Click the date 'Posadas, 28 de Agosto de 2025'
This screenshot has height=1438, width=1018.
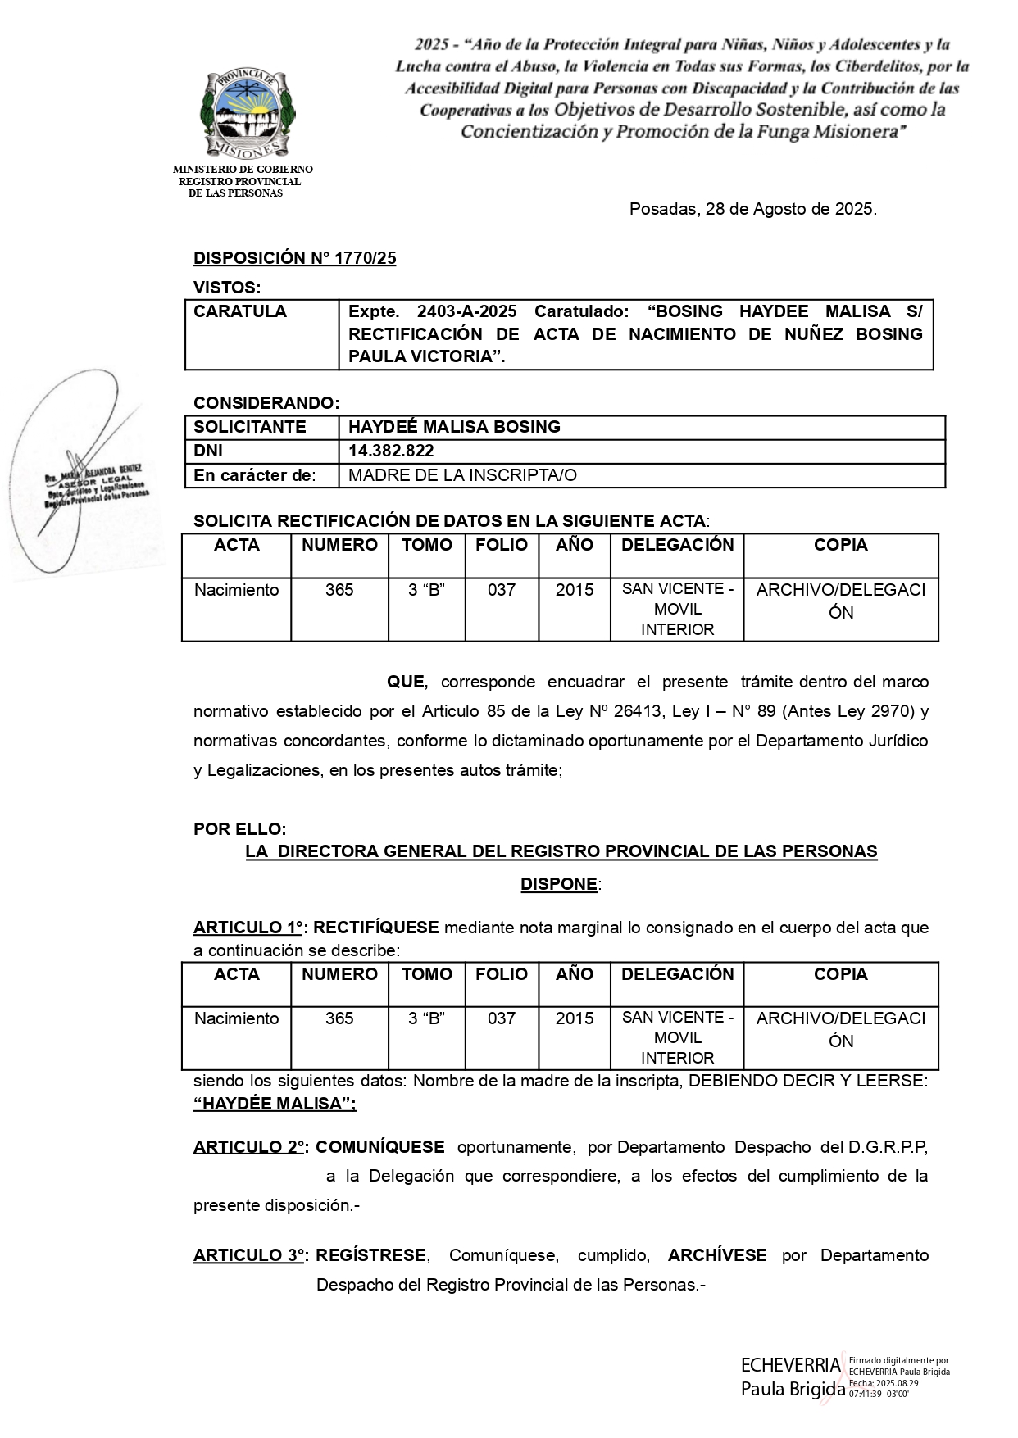click(x=752, y=209)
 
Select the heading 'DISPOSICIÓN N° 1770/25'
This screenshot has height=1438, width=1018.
click(x=294, y=258)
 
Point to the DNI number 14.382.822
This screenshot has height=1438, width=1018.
click(x=391, y=451)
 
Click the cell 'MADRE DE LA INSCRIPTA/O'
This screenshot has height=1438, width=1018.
click(x=462, y=475)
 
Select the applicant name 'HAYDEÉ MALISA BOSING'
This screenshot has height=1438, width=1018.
click(x=454, y=427)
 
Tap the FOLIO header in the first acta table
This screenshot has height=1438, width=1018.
click(x=502, y=545)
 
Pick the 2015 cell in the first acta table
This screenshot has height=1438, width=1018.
click(x=575, y=590)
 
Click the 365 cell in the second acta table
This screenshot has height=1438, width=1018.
click(x=339, y=1018)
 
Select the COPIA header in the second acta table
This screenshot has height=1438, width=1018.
click(x=840, y=974)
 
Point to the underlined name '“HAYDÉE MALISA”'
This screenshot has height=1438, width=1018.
click(x=275, y=1104)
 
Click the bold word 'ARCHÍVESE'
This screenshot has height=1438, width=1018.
click(x=717, y=1255)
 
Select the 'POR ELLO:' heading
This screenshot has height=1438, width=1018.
click(x=239, y=829)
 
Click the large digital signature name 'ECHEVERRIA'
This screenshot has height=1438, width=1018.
click(x=791, y=1365)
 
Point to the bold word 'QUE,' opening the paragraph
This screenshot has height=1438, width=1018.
click(x=407, y=682)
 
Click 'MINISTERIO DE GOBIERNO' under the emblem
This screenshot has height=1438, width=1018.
click(x=243, y=170)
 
